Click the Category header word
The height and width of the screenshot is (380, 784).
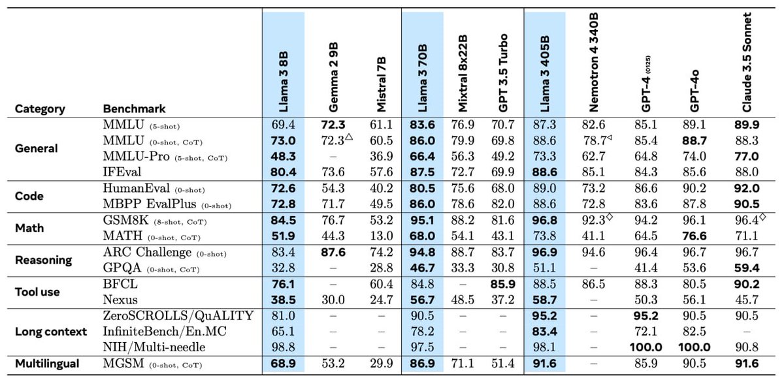40,109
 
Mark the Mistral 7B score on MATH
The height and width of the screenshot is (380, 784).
381,235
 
